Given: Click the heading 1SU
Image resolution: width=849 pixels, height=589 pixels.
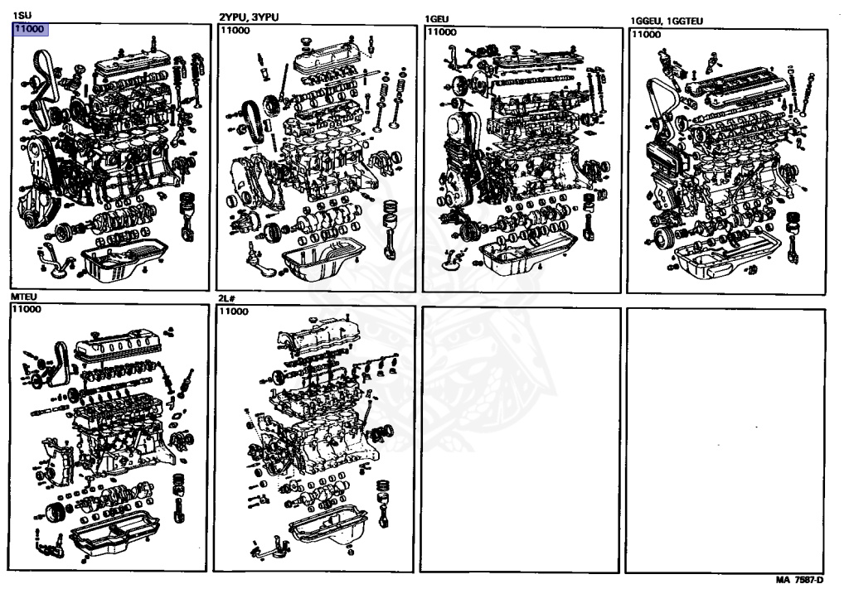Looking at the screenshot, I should click(x=20, y=16).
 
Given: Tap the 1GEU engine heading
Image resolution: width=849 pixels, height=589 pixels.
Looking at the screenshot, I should click(x=437, y=18).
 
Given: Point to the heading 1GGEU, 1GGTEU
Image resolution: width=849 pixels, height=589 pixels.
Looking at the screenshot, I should click(x=672, y=20).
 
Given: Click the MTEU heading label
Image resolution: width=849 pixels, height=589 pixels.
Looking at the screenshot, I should click(x=24, y=296).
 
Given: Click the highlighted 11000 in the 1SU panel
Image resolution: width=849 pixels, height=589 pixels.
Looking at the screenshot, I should click(x=30, y=29).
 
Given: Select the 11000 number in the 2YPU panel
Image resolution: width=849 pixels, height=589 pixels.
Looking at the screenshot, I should click(x=234, y=31).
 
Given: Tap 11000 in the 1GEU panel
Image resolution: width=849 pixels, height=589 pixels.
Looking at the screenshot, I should click(x=441, y=31).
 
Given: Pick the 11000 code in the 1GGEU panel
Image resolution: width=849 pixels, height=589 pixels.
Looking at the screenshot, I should click(x=645, y=34).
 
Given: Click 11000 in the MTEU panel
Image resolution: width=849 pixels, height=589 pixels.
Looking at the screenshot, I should click(x=27, y=309).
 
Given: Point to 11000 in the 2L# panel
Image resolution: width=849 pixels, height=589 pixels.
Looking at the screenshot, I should click(x=233, y=311).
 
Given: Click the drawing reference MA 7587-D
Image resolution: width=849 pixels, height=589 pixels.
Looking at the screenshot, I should click(x=800, y=580).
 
